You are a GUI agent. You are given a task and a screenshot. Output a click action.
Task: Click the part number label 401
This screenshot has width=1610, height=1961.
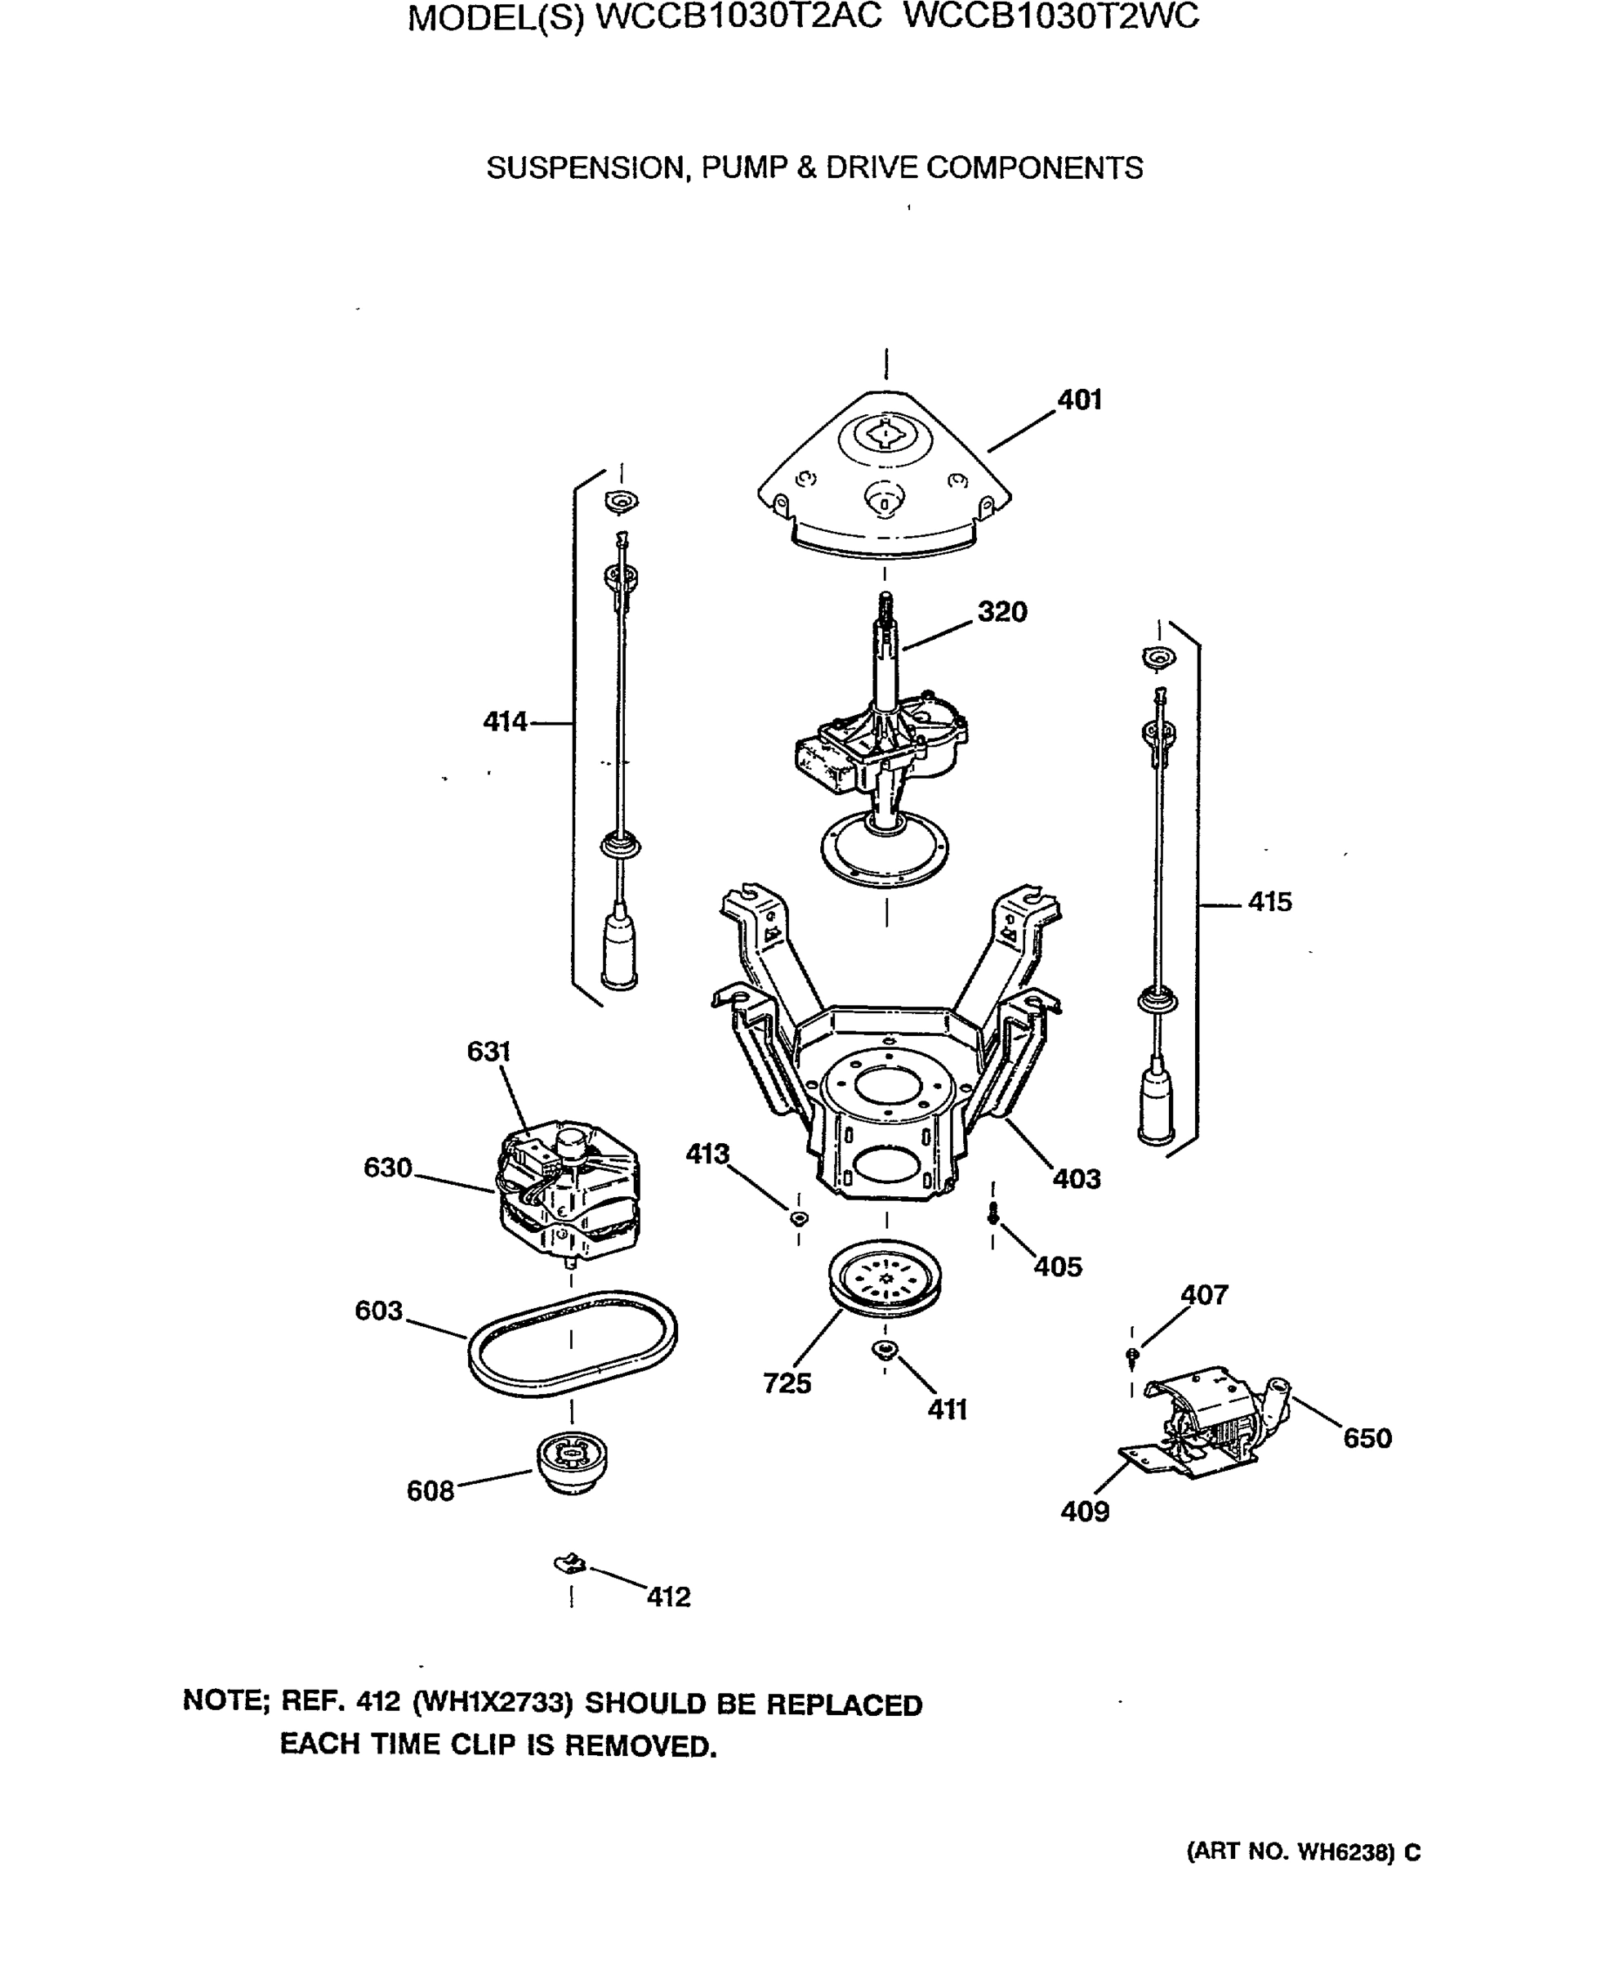click(x=1080, y=400)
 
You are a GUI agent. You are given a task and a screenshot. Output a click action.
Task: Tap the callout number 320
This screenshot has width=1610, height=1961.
click(x=1001, y=611)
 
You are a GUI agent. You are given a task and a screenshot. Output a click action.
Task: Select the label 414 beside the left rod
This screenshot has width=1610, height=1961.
click(x=505, y=721)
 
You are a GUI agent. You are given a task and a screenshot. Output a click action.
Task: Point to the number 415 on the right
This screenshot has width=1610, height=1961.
click(x=1269, y=902)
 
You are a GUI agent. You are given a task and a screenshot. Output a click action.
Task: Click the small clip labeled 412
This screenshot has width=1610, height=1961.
click(x=570, y=1565)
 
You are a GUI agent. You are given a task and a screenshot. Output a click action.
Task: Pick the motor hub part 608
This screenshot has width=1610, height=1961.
click(x=573, y=1463)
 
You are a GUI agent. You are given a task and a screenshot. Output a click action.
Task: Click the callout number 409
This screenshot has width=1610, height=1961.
click(x=1084, y=1512)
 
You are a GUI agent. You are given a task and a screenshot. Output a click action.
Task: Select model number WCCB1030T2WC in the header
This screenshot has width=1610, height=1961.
click(x=1050, y=16)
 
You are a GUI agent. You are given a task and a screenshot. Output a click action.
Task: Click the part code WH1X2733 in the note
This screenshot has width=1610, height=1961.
click(x=493, y=1703)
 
